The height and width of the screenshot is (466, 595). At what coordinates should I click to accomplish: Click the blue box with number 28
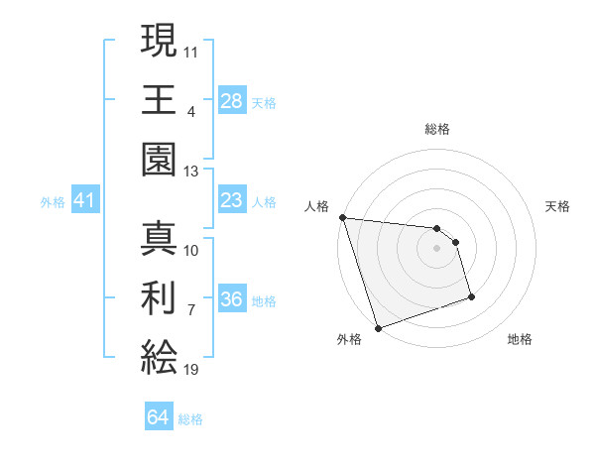232,100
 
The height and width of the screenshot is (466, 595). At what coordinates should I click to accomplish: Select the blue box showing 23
232,201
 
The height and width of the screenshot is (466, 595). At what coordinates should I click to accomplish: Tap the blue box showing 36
232,299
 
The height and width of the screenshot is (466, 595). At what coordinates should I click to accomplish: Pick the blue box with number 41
84,201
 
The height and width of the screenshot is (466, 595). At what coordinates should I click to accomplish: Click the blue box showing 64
158,417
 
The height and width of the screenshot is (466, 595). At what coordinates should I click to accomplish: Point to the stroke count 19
191,370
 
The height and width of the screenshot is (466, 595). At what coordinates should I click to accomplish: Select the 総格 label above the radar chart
437,129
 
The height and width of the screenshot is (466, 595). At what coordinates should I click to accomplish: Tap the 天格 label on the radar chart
558,206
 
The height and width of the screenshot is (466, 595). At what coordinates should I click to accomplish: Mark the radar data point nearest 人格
342,217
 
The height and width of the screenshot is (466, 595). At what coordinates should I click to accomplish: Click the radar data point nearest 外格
379,328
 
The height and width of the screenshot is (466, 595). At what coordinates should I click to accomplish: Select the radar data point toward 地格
471,296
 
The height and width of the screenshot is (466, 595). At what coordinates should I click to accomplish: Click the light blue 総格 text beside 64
190,418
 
